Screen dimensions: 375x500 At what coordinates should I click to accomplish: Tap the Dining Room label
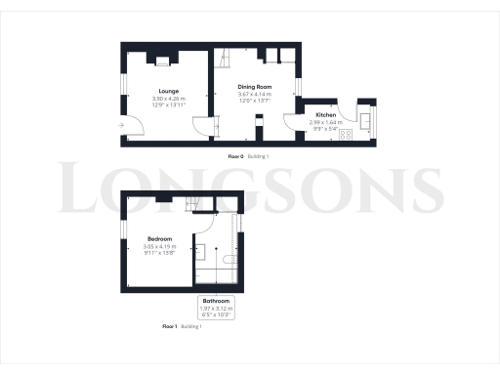coord(255,87)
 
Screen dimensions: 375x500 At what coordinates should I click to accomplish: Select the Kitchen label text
coord(325,115)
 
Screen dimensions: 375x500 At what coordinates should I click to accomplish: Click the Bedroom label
coord(160,238)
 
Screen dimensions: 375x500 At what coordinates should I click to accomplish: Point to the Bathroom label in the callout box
coord(216,300)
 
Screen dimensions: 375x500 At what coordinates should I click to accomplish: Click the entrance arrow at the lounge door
coord(119,124)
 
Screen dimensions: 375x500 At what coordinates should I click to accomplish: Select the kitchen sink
coord(364,121)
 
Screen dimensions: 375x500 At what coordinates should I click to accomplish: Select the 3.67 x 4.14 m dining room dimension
coord(255,95)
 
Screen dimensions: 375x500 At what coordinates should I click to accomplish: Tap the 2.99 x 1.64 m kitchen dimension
coord(325,123)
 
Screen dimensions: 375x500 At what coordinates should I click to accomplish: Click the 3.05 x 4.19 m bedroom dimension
coord(160,246)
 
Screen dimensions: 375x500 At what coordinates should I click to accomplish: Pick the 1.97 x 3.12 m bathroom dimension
coord(216,308)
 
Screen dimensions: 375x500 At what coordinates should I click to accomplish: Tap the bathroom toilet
coord(227,259)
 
